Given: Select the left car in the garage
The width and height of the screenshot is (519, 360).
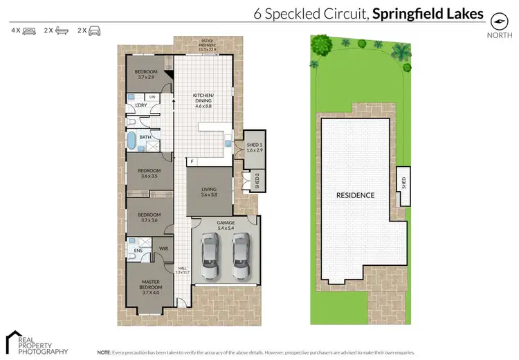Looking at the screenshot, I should tap(209, 255).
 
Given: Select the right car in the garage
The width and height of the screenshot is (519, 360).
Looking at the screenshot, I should tap(240, 255).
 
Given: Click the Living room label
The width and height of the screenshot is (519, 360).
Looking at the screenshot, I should tap(209, 192).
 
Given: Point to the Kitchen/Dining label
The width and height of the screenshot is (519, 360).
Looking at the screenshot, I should tap(203, 100).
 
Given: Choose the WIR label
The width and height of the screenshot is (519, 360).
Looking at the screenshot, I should tap(165, 247).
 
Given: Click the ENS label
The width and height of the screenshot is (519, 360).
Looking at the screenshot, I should tap(138, 251).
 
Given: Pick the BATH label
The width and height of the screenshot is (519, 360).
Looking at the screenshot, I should tap(145, 137).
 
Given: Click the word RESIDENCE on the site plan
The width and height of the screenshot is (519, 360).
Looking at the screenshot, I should tap(355, 195).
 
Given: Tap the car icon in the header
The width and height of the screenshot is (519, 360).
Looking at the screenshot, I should tap(93, 31).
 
